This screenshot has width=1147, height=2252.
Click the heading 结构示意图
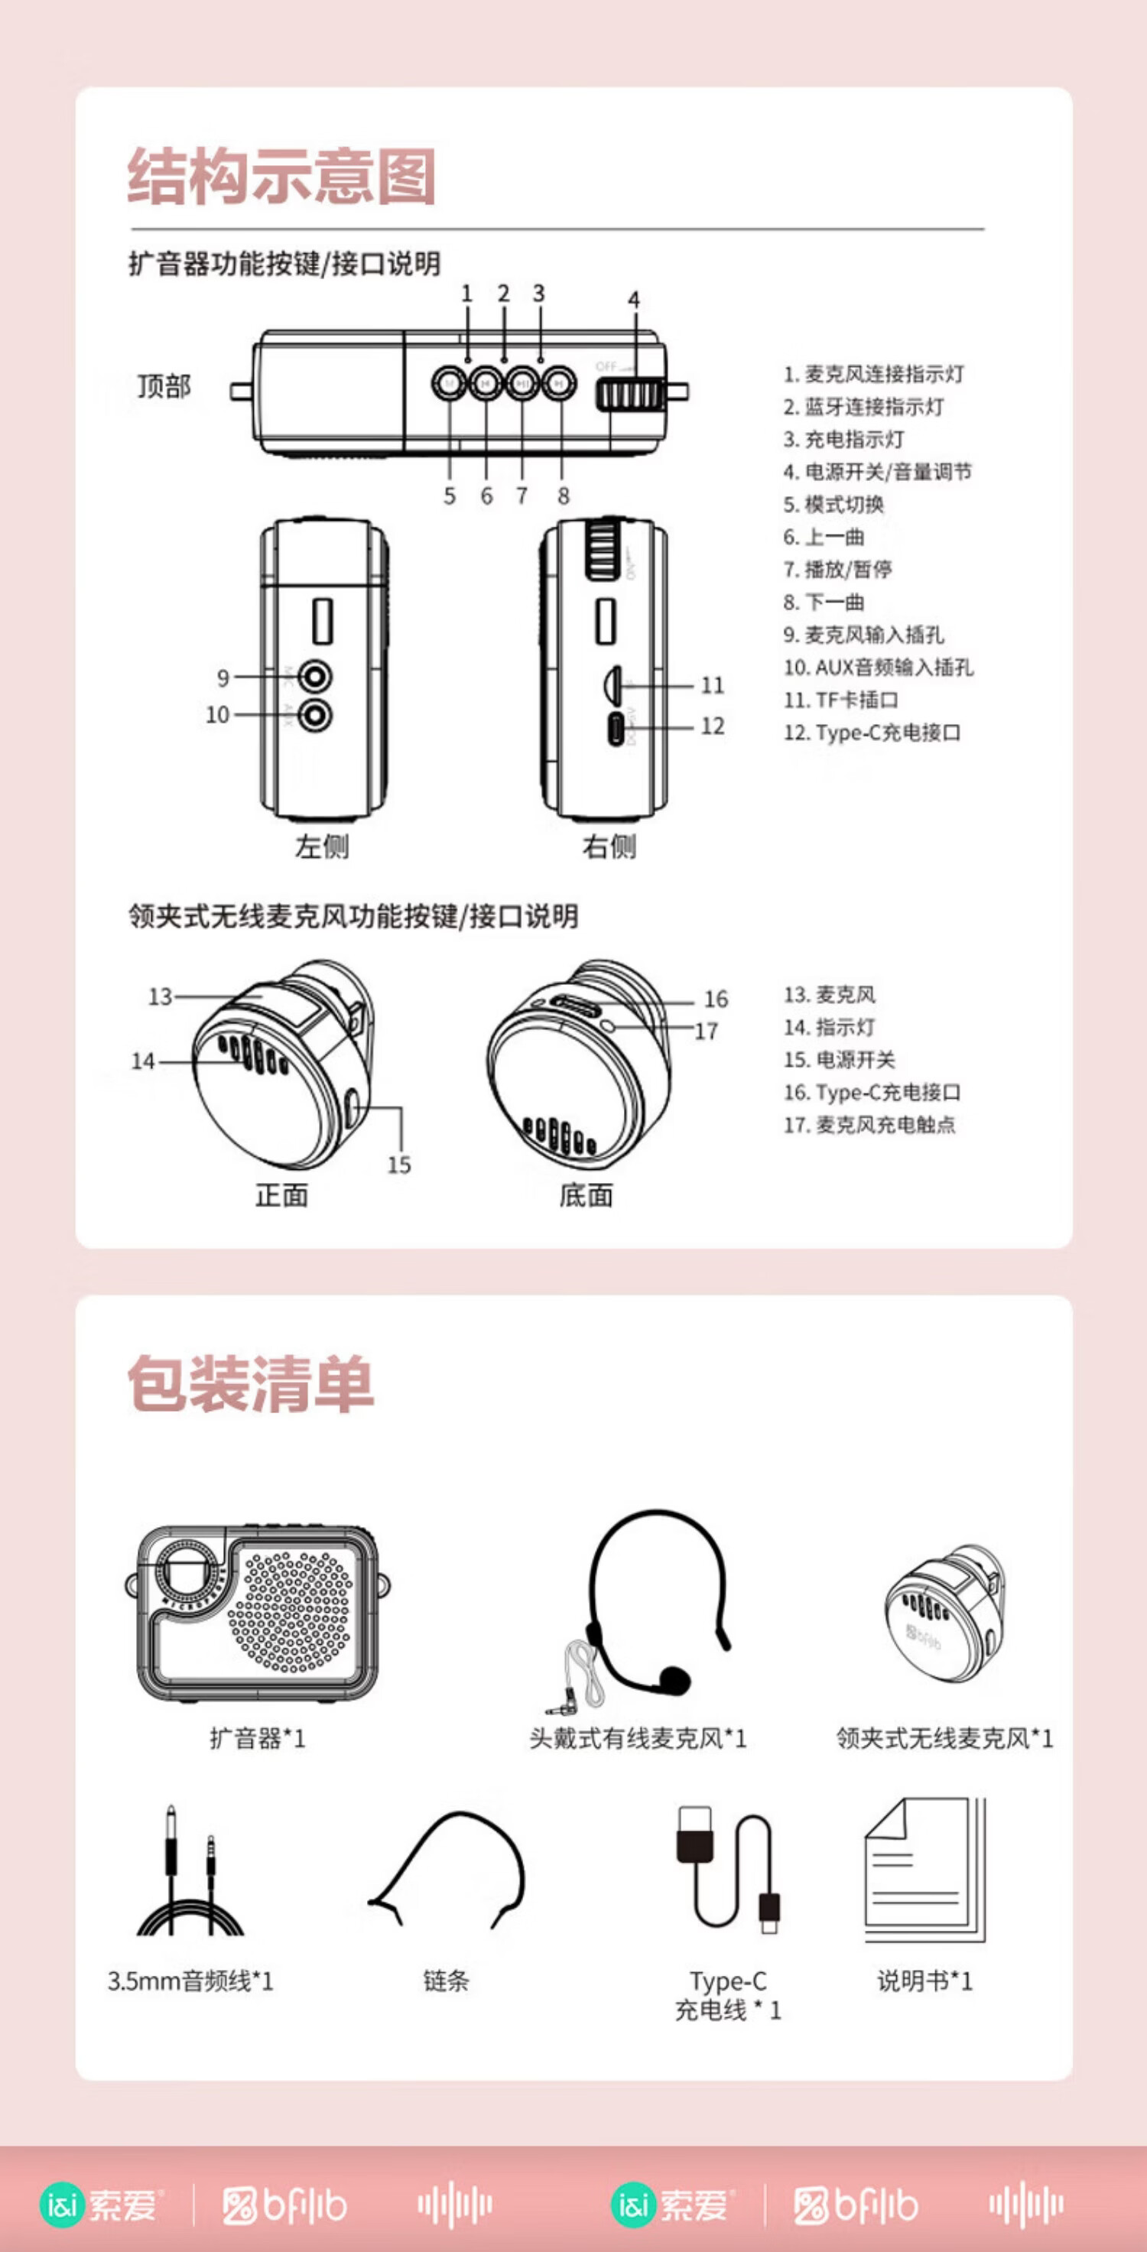281,176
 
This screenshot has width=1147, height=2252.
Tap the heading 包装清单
250,1384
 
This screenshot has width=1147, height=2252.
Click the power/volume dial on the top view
630,395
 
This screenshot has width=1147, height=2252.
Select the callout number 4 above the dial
634,300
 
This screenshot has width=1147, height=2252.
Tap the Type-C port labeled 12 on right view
618,727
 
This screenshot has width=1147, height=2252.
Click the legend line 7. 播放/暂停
837,570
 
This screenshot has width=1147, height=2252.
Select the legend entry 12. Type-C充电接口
872,733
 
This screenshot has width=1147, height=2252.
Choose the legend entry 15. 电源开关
840,1060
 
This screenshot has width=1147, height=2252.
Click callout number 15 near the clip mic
398,1165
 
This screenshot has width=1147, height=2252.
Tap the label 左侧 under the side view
321,847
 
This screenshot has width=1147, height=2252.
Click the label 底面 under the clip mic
586,1195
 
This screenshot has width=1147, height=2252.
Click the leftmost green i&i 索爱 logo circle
63,2204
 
